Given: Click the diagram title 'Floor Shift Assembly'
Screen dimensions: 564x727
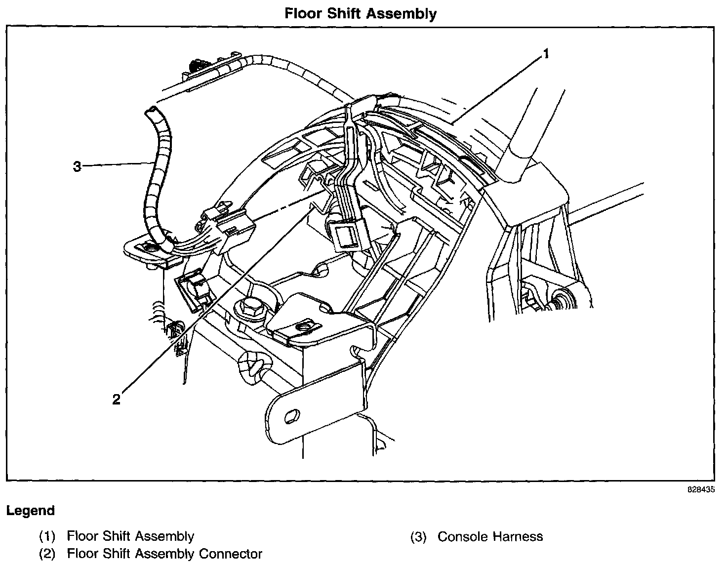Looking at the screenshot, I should (x=361, y=13).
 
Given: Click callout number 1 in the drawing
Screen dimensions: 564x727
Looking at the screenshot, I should (x=546, y=54).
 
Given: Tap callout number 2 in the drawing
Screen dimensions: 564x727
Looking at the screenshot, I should (x=116, y=399).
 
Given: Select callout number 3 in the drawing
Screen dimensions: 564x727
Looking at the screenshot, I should (x=77, y=167).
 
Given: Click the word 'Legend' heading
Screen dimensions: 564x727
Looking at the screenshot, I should (x=31, y=511).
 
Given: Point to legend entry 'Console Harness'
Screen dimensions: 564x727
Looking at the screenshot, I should (x=490, y=536).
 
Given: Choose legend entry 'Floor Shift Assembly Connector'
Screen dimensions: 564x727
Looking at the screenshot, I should (x=164, y=554).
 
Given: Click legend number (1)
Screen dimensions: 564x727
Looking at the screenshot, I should (x=47, y=536).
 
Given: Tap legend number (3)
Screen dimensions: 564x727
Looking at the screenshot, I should (x=418, y=536).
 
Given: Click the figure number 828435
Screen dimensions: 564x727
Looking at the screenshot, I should (x=701, y=490).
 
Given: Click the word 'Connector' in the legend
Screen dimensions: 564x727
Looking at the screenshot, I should (x=231, y=554).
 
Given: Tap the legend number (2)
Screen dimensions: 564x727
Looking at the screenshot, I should (x=47, y=554).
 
